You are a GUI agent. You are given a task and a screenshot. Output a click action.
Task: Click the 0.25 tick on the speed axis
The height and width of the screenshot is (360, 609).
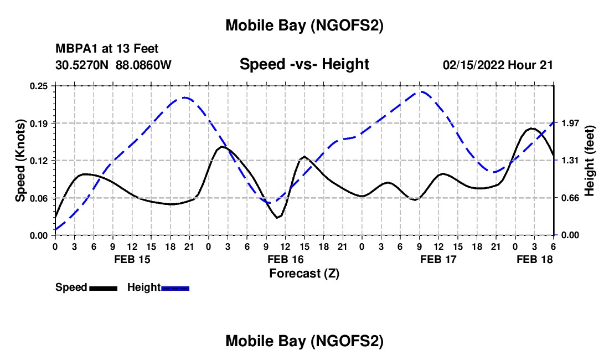tap(40, 86)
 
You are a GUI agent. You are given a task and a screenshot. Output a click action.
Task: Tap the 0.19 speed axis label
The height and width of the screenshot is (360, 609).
tap(40, 123)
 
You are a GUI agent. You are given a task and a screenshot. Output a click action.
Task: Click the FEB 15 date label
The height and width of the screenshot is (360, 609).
tap(132, 259)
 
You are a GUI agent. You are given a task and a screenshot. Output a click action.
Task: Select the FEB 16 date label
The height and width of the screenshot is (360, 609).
tap(285, 259)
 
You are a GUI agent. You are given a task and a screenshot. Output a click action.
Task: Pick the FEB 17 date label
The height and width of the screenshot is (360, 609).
tap(438, 259)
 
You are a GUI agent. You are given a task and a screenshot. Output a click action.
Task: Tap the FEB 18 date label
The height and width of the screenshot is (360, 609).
tap(534, 259)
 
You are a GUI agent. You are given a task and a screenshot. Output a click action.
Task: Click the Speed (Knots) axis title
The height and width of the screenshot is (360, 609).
tap(20, 161)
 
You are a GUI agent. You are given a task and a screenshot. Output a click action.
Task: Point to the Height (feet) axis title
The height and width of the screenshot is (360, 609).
tap(590, 161)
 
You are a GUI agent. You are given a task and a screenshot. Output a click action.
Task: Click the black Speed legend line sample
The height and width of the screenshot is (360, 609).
tap(103, 288)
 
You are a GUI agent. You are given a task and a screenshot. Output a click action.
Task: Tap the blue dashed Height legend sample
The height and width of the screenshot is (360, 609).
tap(176, 288)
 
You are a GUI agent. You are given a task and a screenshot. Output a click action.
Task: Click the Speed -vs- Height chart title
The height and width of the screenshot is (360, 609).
tap(304, 64)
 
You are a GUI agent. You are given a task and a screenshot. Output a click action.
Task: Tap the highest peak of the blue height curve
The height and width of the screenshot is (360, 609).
tap(422, 91)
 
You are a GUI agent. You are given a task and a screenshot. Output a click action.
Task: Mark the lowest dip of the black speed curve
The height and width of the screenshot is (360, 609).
tap(278, 218)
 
